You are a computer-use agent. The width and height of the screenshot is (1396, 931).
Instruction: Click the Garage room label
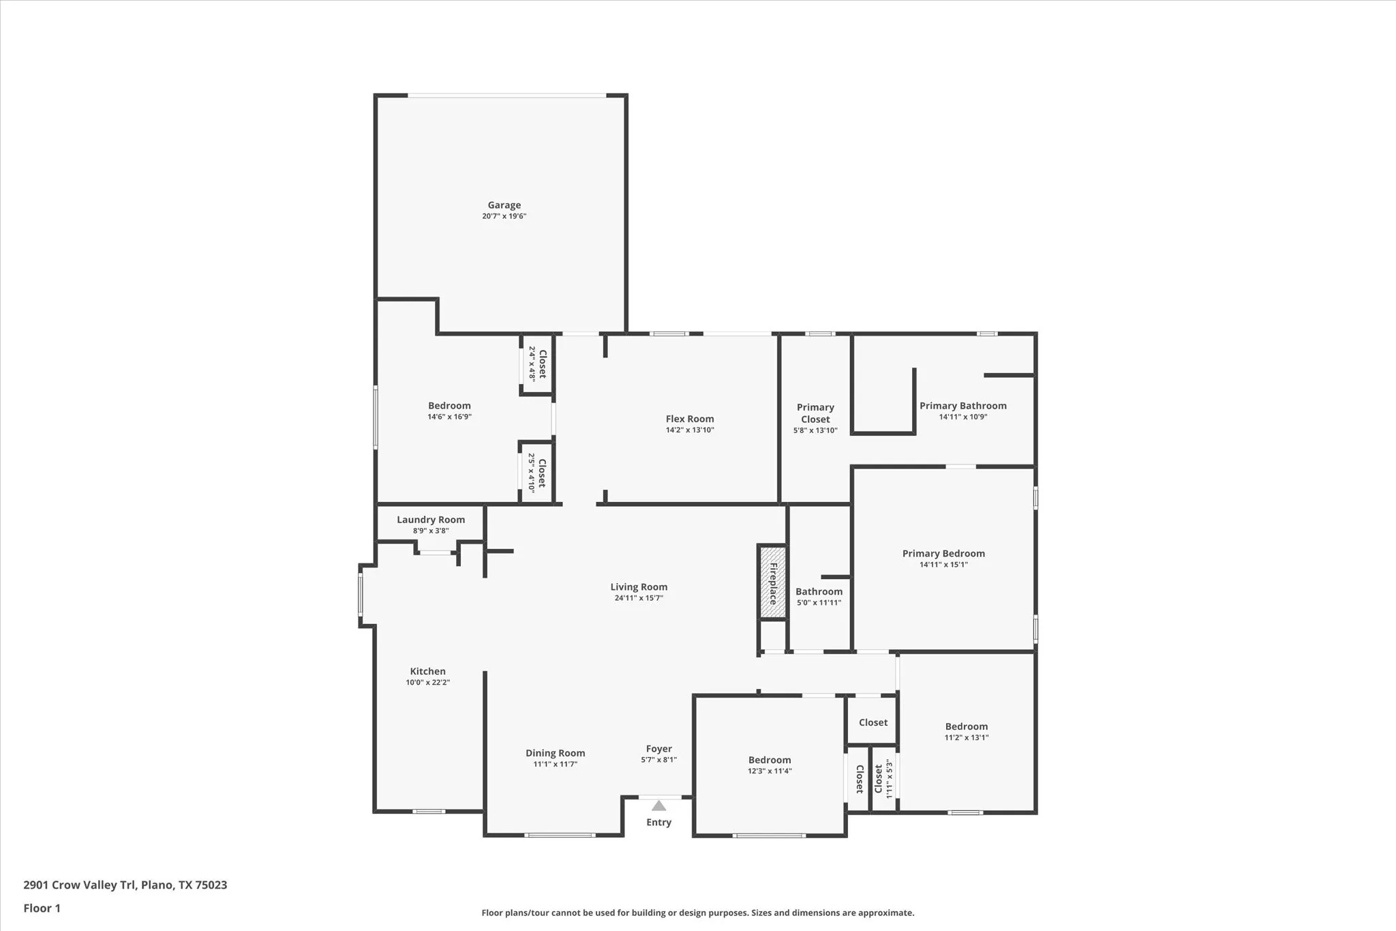tap(504, 205)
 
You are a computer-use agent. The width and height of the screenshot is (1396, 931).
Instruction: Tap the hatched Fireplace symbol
tap(772, 582)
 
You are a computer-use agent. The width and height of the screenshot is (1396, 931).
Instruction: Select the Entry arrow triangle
tap(658, 806)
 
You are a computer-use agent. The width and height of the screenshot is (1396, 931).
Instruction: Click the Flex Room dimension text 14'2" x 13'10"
tap(690, 430)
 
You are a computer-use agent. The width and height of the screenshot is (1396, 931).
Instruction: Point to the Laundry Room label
tap(431, 520)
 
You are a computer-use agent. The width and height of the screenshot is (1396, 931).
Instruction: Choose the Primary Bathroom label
tap(962, 406)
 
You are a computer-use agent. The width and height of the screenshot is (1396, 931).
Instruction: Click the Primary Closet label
tap(815, 413)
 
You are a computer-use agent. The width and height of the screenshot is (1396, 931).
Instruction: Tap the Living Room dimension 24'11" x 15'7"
tap(639, 598)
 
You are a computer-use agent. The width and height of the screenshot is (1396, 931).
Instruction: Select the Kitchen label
tap(427, 671)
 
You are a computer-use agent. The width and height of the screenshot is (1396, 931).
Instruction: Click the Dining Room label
tap(555, 753)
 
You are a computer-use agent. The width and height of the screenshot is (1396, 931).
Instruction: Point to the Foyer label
tap(658, 749)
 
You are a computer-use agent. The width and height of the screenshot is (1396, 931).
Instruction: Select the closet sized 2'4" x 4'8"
tap(537, 364)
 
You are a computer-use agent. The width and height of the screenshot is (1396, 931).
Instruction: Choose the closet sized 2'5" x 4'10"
tap(537, 473)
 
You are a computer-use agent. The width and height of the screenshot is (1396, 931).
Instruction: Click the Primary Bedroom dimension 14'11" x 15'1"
tap(943, 565)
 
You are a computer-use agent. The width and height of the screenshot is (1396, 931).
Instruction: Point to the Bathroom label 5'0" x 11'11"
tap(819, 592)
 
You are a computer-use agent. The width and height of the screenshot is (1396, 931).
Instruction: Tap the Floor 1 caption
tap(42, 908)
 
